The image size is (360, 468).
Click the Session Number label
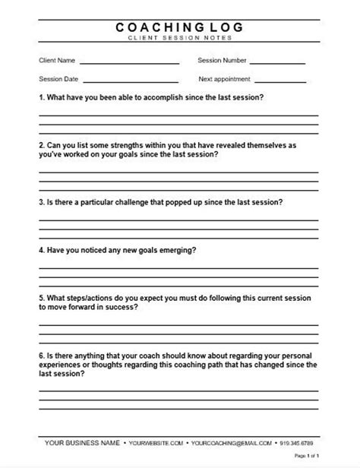(x=223, y=59)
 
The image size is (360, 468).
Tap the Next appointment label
(x=225, y=78)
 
